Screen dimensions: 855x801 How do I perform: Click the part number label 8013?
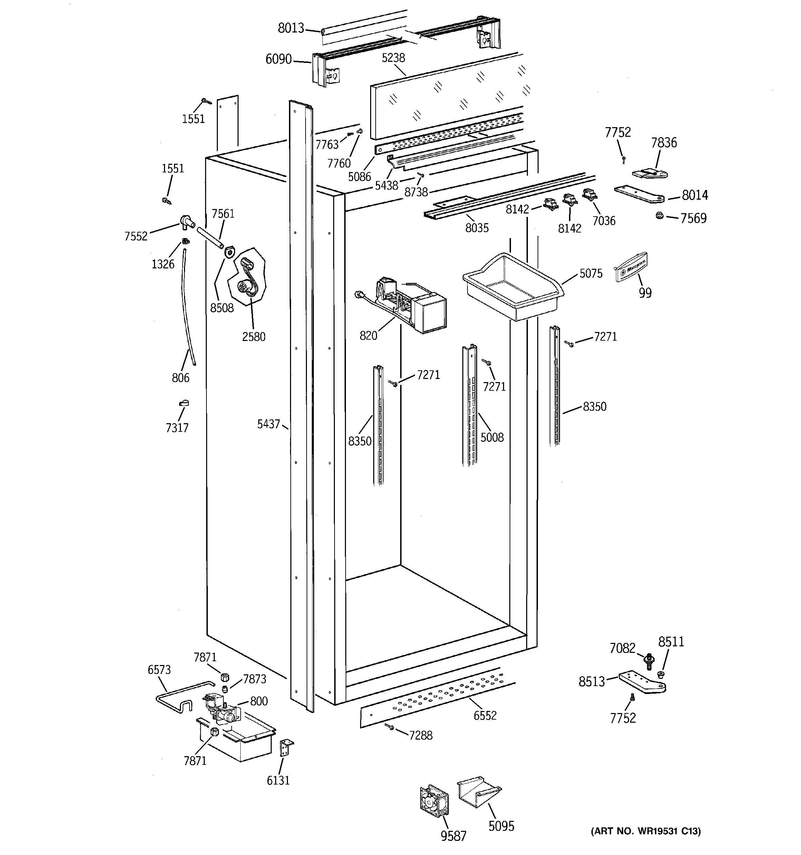coord(291,28)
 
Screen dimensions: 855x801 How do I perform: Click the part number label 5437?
coord(268,425)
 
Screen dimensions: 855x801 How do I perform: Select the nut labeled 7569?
coord(659,216)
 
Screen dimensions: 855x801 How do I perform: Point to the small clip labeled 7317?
coord(184,403)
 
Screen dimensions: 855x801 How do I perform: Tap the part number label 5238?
coord(393,58)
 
